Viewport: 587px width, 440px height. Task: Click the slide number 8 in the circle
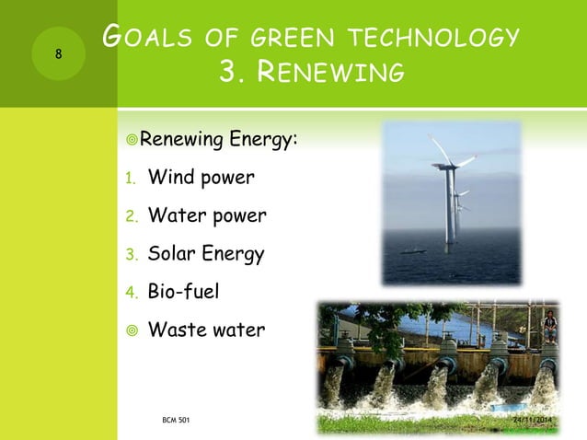point(58,53)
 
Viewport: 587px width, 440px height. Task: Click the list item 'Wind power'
point(202,177)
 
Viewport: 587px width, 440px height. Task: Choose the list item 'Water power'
point(207,215)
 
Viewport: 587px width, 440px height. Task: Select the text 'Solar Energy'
point(206,254)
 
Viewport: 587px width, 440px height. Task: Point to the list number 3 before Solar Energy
point(131,255)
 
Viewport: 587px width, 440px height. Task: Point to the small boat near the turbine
point(418,250)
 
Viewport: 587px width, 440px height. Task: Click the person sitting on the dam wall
point(550,323)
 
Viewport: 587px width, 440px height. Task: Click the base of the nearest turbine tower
point(450,247)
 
